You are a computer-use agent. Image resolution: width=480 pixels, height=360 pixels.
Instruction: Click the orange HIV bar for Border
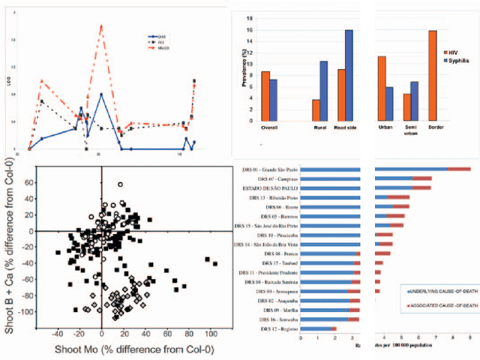point(432,76)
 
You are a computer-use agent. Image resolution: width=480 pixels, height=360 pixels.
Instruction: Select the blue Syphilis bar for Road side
point(349,76)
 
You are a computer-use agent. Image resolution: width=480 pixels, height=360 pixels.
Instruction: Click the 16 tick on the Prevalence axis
point(251,30)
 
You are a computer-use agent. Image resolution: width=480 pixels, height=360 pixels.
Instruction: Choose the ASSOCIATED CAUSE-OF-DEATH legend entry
point(442,306)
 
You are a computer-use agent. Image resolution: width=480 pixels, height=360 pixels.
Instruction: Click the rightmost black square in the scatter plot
point(214,264)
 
